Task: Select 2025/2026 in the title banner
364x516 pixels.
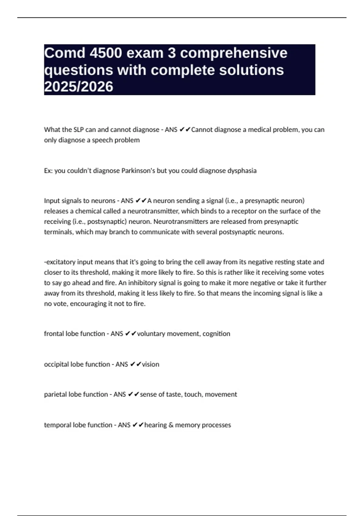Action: [79, 87]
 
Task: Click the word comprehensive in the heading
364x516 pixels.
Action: [234, 53]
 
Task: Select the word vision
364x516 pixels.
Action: [150, 364]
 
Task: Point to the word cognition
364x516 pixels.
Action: [216, 334]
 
